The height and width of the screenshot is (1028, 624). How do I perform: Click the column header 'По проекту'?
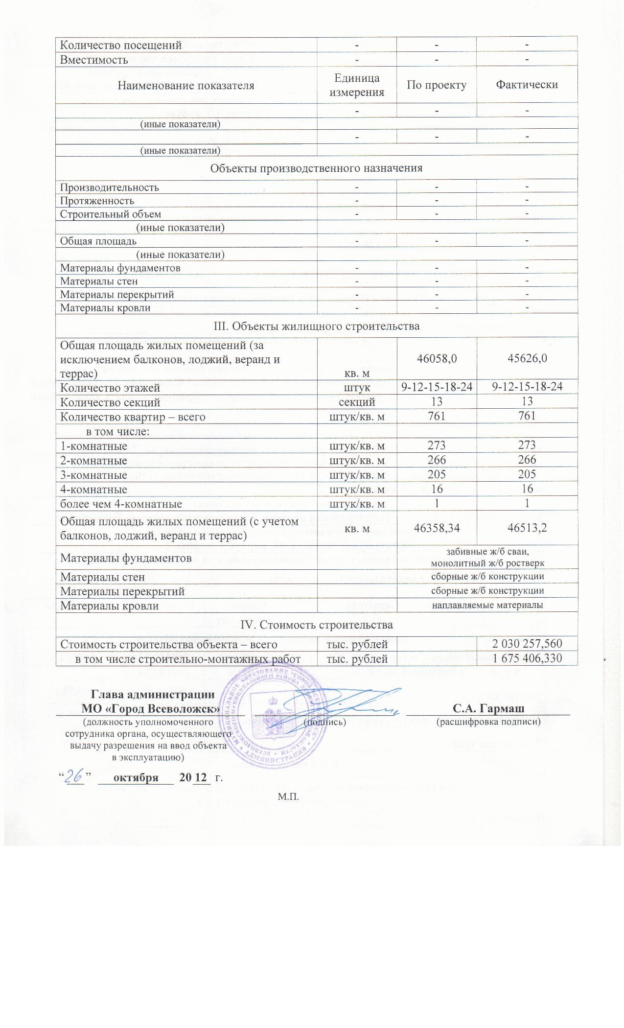click(x=437, y=85)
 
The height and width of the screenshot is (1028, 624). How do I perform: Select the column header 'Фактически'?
click(x=527, y=85)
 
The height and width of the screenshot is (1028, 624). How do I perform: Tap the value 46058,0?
click(x=437, y=358)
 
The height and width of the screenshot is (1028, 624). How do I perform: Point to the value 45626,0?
click(x=527, y=358)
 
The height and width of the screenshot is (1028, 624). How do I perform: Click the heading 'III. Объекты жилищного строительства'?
click(x=316, y=326)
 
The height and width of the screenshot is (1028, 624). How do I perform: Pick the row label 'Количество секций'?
click(x=110, y=402)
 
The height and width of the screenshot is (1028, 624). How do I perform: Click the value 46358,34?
click(x=437, y=528)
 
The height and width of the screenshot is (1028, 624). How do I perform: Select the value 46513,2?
click(x=527, y=528)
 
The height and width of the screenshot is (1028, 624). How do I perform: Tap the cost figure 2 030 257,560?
click(x=527, y=644)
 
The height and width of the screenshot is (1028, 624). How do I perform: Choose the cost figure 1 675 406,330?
click(x=527, y=658)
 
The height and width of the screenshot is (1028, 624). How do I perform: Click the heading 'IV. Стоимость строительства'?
click(x=316, y=625)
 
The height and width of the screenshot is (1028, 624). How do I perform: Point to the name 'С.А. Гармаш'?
click(x=488, y=708)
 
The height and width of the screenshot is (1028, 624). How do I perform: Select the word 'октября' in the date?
click(x=136, y=777)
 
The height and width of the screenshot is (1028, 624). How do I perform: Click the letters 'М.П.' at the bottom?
click(x=288, y=797)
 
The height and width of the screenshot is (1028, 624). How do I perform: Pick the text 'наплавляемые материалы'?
click(x=487, y=606)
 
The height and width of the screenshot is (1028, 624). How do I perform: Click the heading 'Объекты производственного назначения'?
click(x=316, y=168)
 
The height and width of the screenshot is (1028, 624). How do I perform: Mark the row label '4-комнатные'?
click(x=93, y=490)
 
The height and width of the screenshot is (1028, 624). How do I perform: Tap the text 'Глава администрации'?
click(x=153, y=695)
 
